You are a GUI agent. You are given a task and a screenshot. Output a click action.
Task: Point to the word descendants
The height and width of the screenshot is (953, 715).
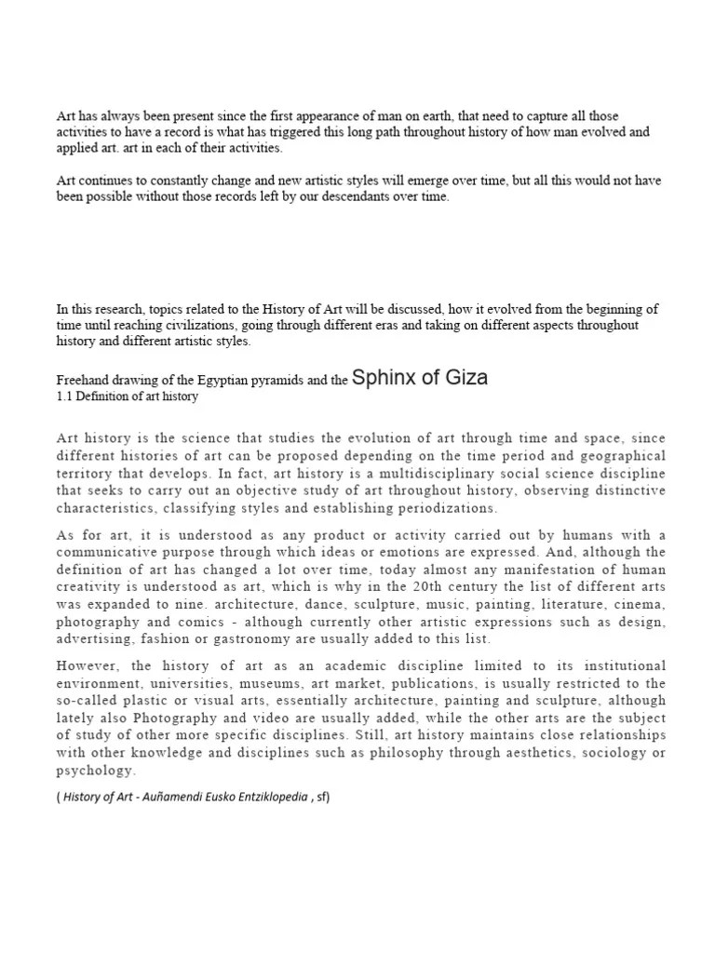(350, 197)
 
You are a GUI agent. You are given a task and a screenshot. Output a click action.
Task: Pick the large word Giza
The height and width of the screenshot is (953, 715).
(463, 378)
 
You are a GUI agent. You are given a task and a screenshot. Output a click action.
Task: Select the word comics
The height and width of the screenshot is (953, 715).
(223, 623)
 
